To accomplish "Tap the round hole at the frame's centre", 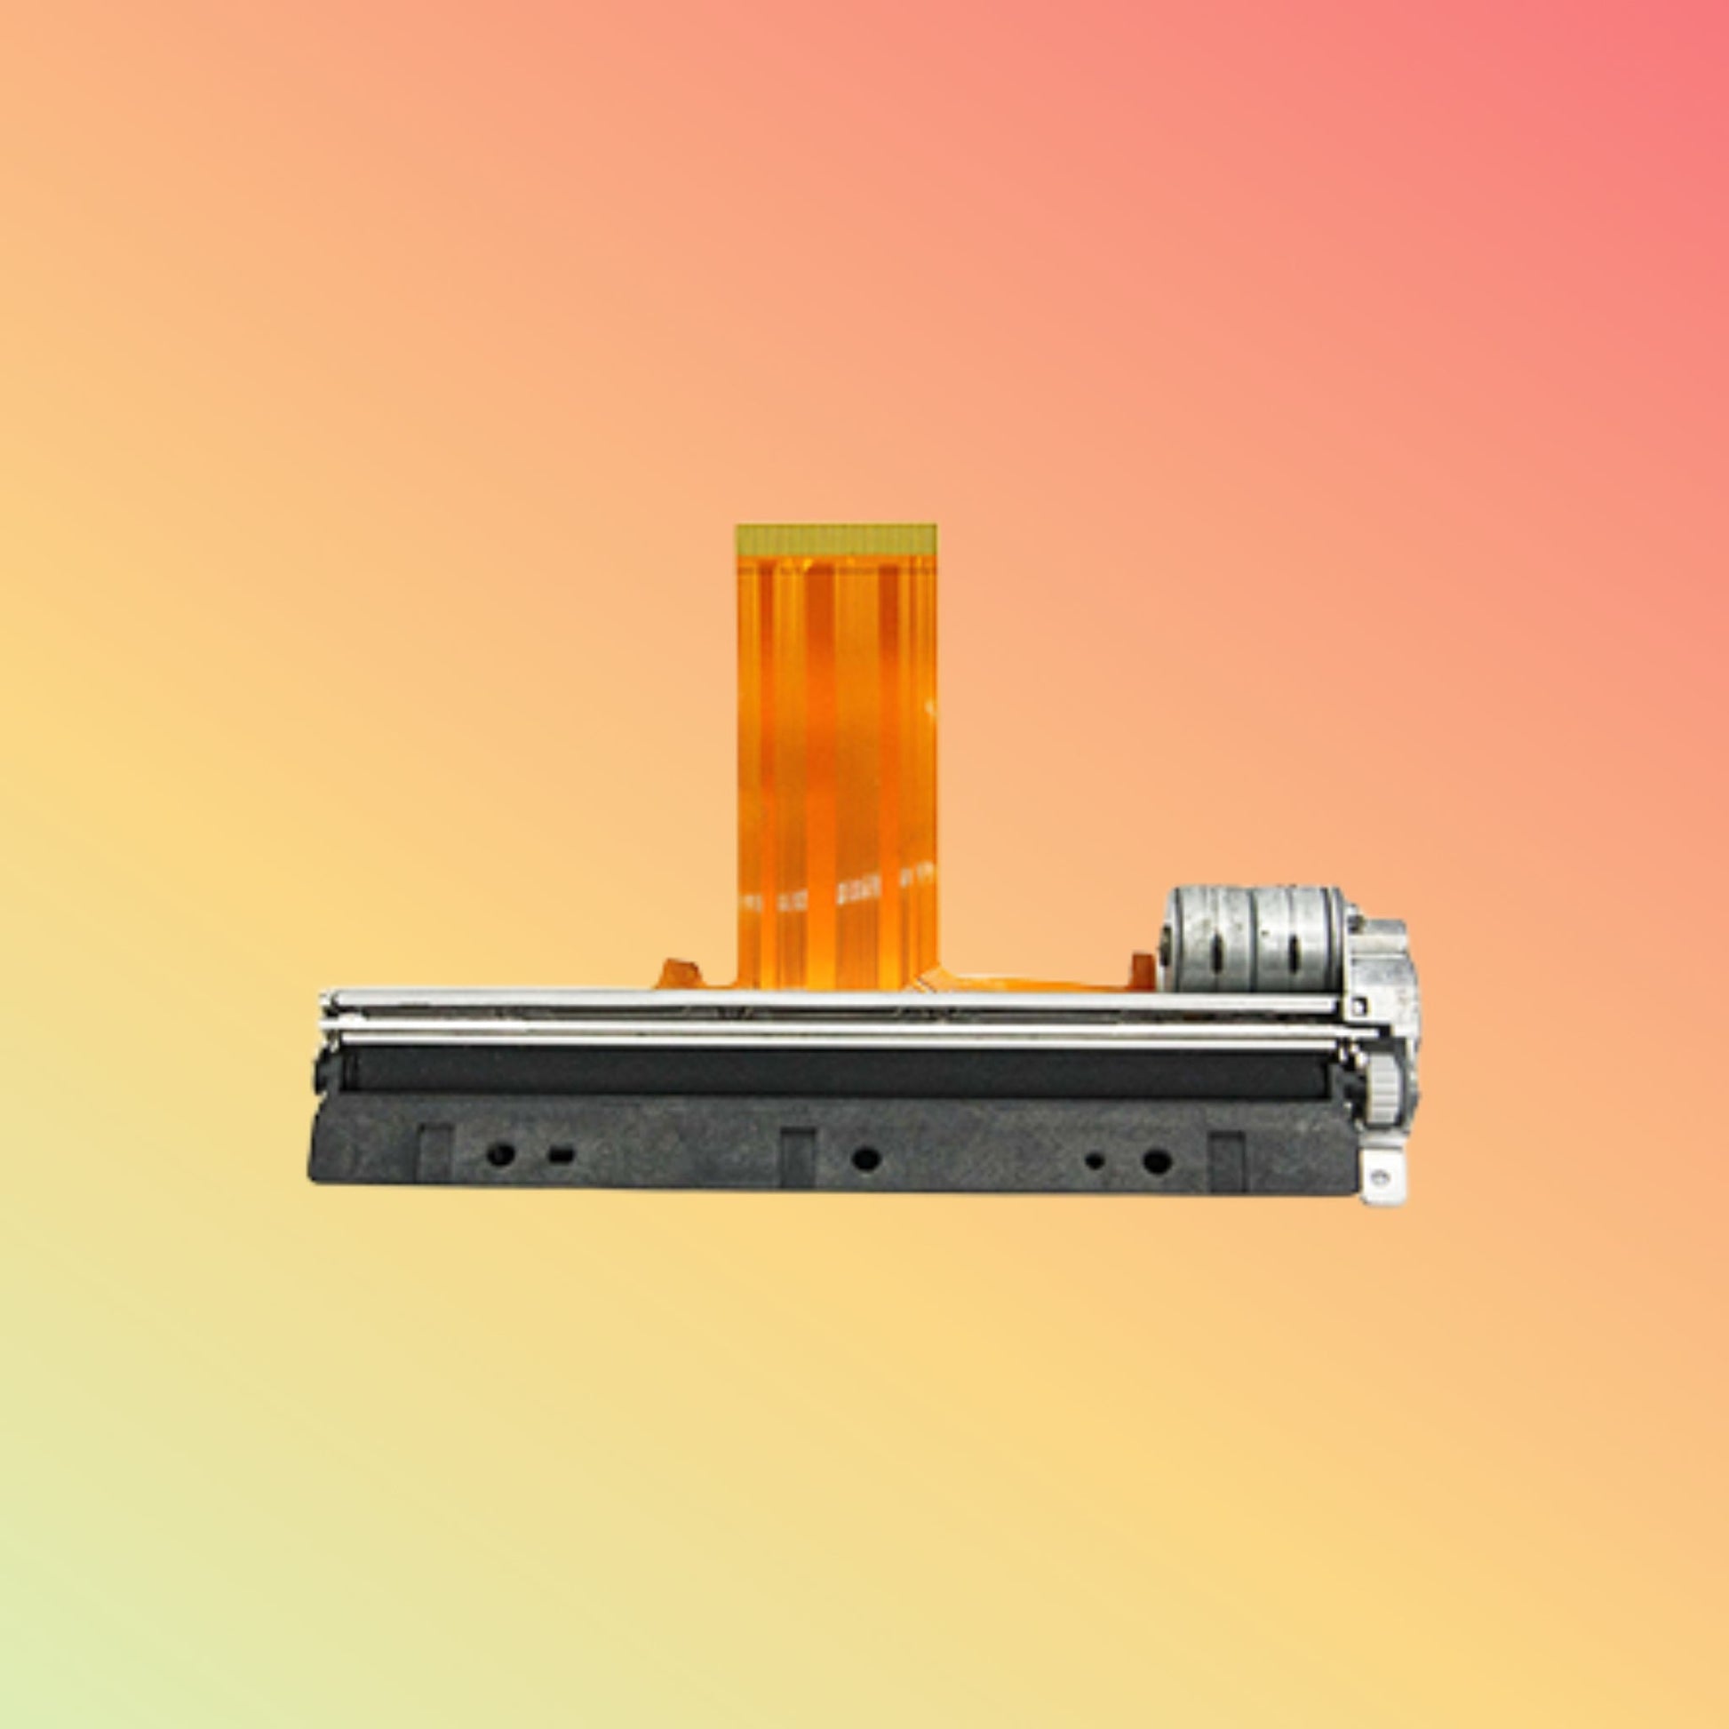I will point(864,1159).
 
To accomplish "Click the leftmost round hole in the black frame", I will point(498,1155).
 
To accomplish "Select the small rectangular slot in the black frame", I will point(562,1155).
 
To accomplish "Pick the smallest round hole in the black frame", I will point(1094,1161).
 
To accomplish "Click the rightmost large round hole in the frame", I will point(1156,1161).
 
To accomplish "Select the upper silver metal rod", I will point(833,1001).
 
